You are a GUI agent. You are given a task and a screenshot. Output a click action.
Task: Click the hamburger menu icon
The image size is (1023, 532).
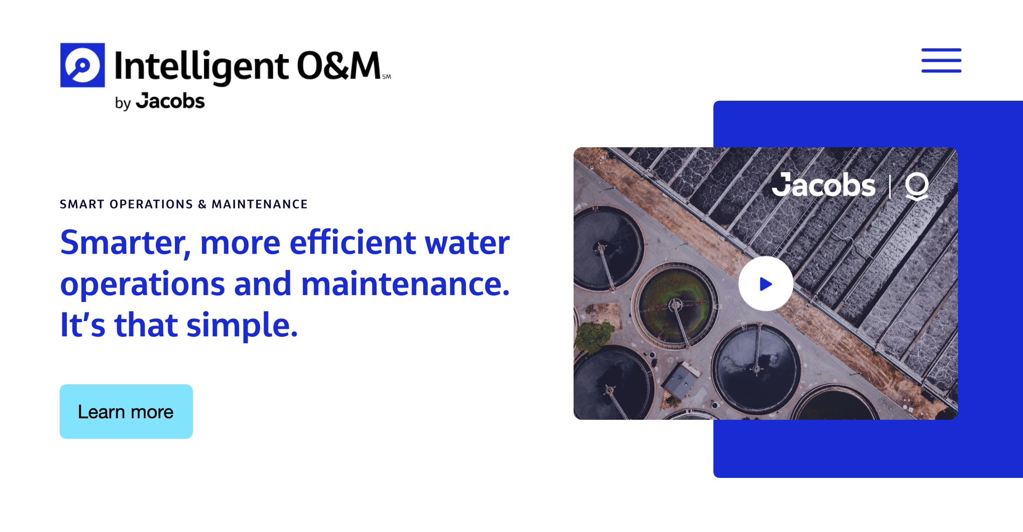[941, 61]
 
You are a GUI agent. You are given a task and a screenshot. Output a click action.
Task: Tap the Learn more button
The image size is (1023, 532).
[126, 412]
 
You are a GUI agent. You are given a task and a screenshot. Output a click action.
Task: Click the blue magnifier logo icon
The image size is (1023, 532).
[83, 65]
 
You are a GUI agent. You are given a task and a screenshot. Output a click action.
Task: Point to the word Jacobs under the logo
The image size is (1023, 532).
[171, 101]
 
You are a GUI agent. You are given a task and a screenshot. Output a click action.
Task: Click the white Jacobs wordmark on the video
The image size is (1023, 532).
[824, 186]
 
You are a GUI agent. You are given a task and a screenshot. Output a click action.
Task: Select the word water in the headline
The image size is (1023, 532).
[467, 243]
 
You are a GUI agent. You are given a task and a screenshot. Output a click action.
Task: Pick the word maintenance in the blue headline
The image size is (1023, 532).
[405, 284]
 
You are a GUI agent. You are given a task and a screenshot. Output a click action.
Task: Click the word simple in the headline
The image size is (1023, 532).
[241, 325]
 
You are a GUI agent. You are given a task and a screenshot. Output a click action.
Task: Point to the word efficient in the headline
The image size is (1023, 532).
[353, 243]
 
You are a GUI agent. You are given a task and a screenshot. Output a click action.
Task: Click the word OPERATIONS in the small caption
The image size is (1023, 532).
[151, 204]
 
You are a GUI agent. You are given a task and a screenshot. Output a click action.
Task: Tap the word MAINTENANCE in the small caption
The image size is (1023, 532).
[260, 204]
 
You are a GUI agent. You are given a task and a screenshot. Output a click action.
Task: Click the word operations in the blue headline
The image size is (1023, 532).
[142, 284]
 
